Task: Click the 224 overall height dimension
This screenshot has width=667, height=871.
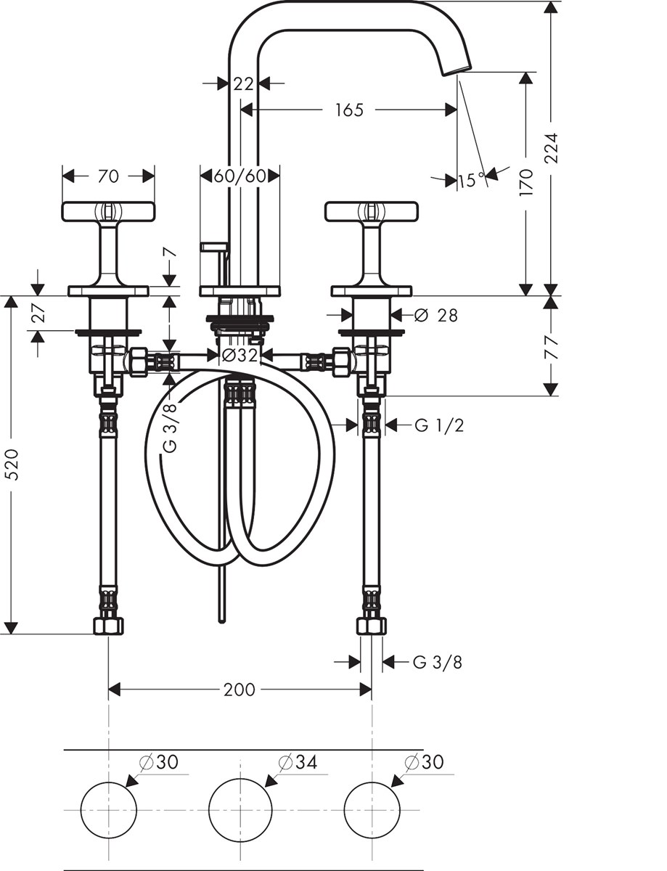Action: pyautogui.click(x=552, y=147)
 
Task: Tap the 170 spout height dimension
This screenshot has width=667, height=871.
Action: pyautogui.click(x=526, y=182)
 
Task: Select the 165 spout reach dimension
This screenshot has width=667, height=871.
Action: pyautogui.click(x=349, y=110)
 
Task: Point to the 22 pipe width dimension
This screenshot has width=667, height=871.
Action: pyautogui.click(x=244, y=83)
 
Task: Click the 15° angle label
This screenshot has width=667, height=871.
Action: pyautogui.click(x=472, y=181)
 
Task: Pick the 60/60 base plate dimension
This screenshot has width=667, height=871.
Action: pyautogui.click(x=240, y=176)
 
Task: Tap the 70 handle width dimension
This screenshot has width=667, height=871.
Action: pyautogui.click(x=108, y=176)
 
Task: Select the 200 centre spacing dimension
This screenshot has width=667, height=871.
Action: pyautogui.click(x=240, y=690)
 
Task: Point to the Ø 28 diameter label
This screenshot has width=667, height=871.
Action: pyautogui.click(x=436, y=316)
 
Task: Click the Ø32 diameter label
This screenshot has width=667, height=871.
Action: pyautogui.click(x=240, y=355)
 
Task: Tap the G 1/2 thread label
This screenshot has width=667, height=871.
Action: pyautogui.click(x=439, y=425)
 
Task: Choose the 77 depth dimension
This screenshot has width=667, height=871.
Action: pyautogui.click(x=552, y=347)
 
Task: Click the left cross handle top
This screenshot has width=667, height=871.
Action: pyautogui.click(x=108, y=210)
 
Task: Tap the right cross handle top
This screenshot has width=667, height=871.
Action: pyautogui.click(x=372, y=210)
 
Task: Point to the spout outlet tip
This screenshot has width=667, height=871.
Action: pyautogui.click(x=456, y=70)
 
